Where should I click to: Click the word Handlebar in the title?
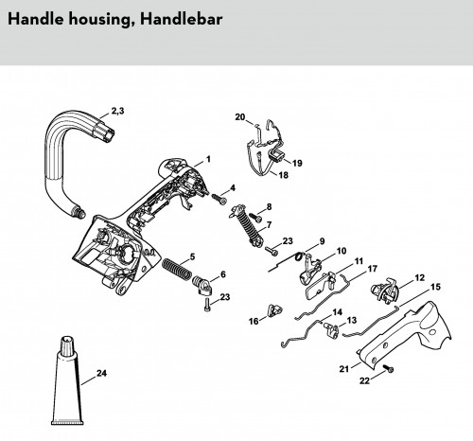pyautogui.click(x=182, y=19)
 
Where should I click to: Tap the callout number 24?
pyautogui.click(x=101, y=373)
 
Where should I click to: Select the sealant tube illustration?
pyautogui.click(x=67, y=380)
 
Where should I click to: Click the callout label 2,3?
pyautogui.click(x=117, y=111)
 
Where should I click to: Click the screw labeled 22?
pyautogui.click(x=389, y=368)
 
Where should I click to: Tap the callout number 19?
pyautogui.click(x=297, y=163)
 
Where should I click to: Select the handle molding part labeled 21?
pyautogui.click(x=405, y=334)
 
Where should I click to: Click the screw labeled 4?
pyautogui.click(x=219, y=199)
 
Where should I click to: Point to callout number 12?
pyautogui.click(x=419, y=277)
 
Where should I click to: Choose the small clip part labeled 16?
pyautogui.click(x=273, y=309)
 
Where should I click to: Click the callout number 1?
pyautogui.click(x=208, y=159)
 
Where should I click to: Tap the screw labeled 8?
pyautogui.click(x=255, y=217)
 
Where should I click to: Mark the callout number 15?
pyautogui.click(x=435, y=287)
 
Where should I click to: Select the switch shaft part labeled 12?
pyautogui.click(x=385, y=290)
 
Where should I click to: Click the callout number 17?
pyautogui.click(x=373, y=269)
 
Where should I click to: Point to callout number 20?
pyautogui.click(x=240, y=116)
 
